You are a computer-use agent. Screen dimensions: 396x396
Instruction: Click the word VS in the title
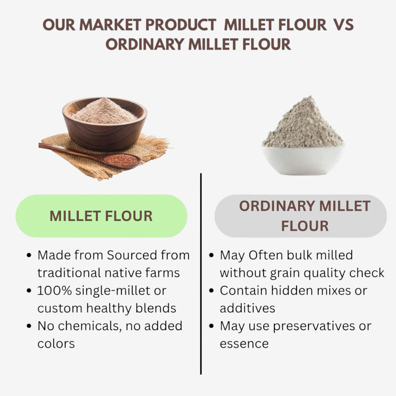coord(343,25)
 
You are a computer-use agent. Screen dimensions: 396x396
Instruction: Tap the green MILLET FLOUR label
coord(101,216)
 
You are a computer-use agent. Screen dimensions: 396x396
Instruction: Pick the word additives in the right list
coord(247,308)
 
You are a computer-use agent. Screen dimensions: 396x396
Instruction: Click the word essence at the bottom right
coord(244,343)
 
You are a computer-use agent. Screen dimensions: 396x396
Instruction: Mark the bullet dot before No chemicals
coord(29,326)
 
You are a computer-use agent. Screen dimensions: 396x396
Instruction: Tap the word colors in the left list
coord(56,343)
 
